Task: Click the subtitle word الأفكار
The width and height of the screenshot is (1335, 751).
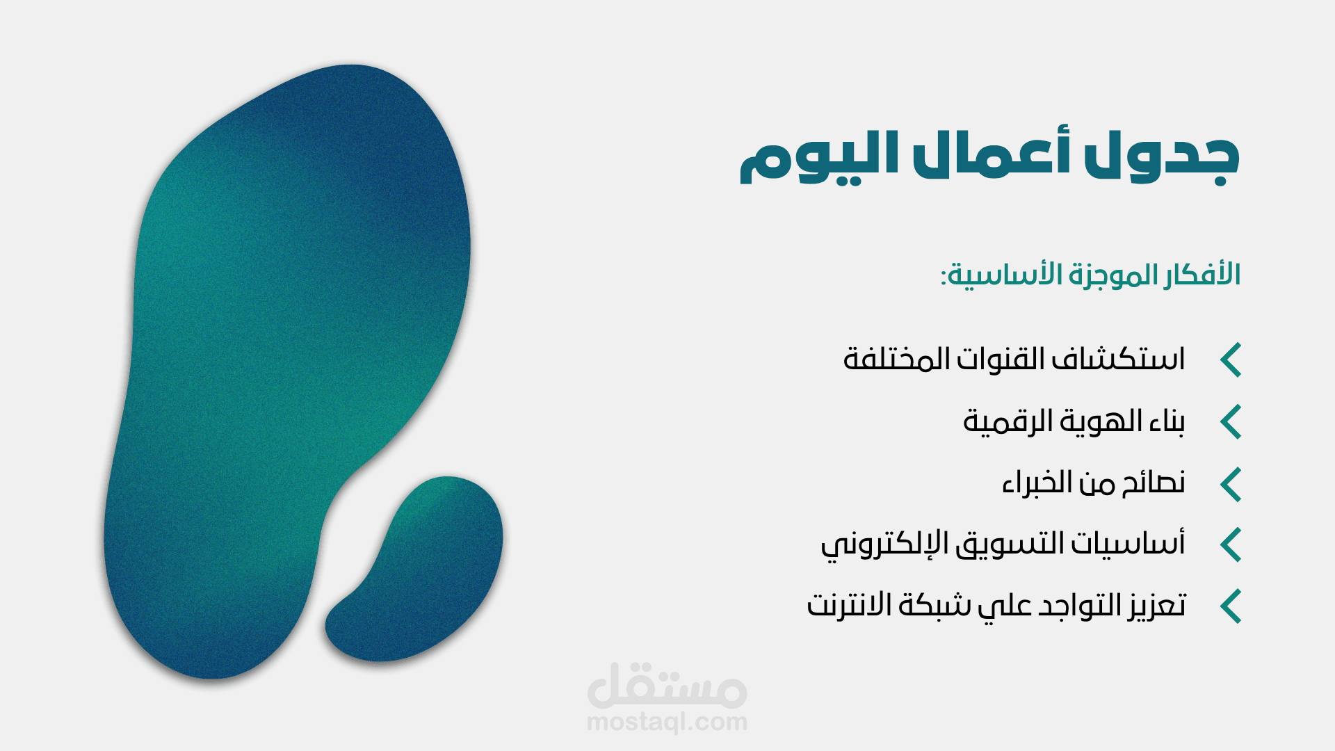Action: click(x=1196, y=274)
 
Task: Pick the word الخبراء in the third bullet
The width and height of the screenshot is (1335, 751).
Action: click(x=1033, y=482)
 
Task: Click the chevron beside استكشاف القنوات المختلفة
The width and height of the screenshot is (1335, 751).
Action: click(x=1231, y=360)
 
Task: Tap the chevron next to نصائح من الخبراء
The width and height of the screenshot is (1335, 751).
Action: click(x=1231, y=484)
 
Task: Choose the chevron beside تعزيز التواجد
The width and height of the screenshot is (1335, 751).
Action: click(x=1231, y=606)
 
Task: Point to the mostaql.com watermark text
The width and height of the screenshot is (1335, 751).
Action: click(x=667, y=722)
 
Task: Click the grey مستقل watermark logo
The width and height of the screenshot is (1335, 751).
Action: click(x=667, y=685)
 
